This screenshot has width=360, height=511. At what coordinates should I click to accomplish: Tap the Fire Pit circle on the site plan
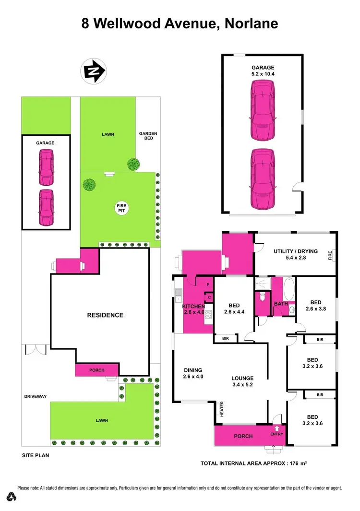pyautogui.click(x=121, y=208)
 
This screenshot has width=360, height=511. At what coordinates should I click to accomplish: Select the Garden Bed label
pyautogui.click(x=148, y=136)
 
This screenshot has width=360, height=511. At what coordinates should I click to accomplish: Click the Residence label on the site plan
pyautogui.click(x=105, y=315)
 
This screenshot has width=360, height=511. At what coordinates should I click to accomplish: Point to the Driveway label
pyautogui.click(x=36, y=396)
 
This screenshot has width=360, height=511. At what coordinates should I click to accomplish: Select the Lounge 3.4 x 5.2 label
pyautogui.click(x=242, y=381)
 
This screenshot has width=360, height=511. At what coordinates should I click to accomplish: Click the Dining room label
pyautogui.click(x=192, y=373)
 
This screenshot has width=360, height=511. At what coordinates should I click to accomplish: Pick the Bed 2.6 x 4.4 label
pyautogui.click(x=234, y=309)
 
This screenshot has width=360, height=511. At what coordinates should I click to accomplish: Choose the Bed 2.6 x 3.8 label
pyautogui.click(x=315, y=306)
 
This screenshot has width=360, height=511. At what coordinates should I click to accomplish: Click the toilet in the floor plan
pyautogui.click(x=262, y=297)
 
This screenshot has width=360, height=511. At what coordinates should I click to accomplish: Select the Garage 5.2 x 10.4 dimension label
pyautogui.click(x=263, y=71)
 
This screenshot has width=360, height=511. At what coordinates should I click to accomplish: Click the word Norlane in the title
pyautogui.click(x=242, y=24)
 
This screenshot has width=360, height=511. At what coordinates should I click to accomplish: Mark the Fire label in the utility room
pyautogui.click(x=330, y=255)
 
